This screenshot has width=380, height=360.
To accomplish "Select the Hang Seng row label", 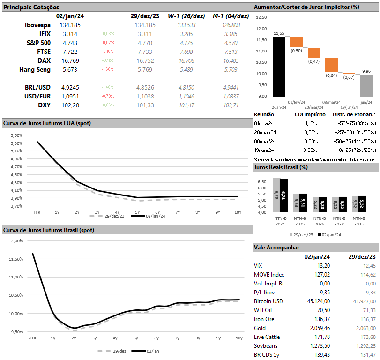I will click(x=35, y=69).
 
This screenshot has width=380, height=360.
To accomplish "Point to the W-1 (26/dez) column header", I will click(x=186, y=16).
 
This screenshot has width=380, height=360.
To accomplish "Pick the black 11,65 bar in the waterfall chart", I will click(x=279, y=66).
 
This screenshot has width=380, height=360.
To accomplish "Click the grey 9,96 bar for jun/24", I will click(x=366, y=85).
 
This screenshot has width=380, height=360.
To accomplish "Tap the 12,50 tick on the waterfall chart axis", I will click(x=261, y=17).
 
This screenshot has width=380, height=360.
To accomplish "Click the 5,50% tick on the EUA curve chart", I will click(x=16, y=135).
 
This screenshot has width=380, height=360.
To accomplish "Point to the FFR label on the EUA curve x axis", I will click(x=37, y=212).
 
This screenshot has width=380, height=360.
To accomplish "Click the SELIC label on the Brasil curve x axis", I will click(x=32, y=338).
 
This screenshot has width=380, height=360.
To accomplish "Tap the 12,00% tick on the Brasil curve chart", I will click(x=15, y=240).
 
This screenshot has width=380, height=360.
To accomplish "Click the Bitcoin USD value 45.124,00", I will click(x=317, y=301).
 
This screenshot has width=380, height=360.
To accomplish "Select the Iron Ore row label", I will click(x=265, y=319).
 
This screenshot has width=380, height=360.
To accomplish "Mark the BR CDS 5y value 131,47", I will click(x=366, y=354).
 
